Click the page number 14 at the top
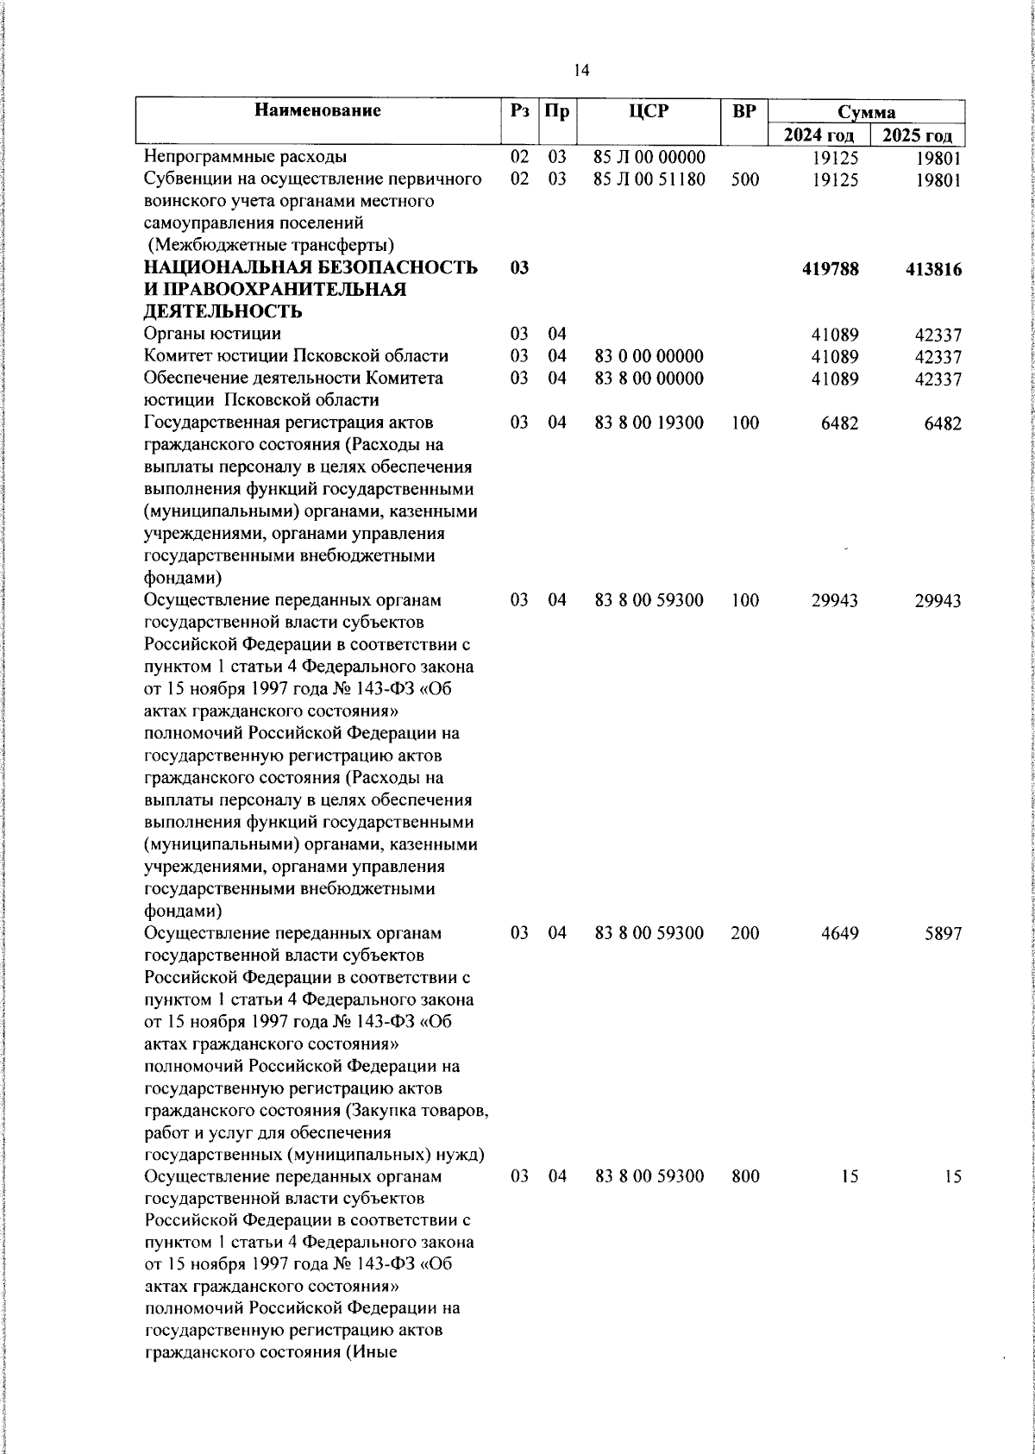[x=581, y=71]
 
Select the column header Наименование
[x=317, y=110]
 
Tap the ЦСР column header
[x=649, y=111]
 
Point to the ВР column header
[x=743, y=111]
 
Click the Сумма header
[x=867, y=112]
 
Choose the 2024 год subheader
[x=819, y=135]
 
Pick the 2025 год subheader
[x=918, y=135]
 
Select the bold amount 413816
[x=933, y=269]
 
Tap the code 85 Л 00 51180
[x=649, y=179]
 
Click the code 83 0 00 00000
[x=649, y=356]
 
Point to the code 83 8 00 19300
[x=649, y=423]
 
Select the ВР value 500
[x=744, y=179]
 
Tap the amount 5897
[x=943, y=933]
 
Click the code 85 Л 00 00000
[x=649, y=157]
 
